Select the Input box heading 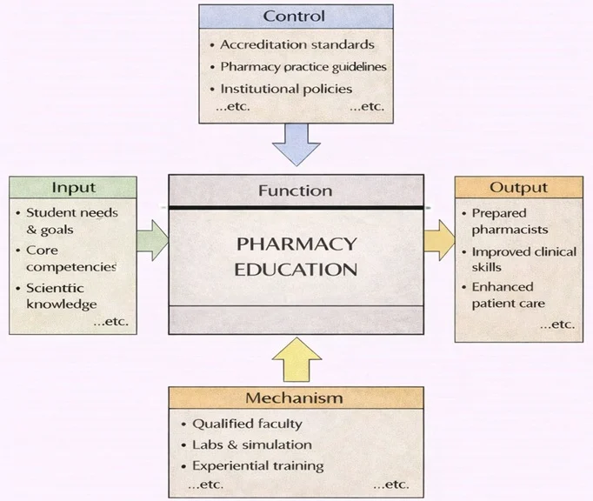73,187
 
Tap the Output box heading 518,187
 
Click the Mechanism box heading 294,398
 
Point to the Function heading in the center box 296,190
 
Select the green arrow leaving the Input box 151,240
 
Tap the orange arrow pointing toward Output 440,240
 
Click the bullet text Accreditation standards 296,44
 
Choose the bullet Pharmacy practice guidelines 303,66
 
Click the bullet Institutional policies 286,89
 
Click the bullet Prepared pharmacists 510,221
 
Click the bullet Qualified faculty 247,424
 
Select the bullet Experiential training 257,465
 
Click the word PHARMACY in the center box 296,243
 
